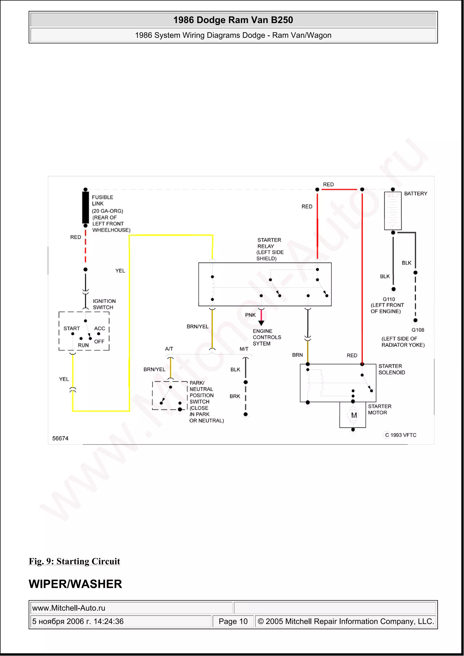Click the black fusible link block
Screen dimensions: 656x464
[85, 207]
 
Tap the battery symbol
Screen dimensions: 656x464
[393, 211]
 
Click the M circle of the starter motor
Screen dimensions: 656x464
[354, 415]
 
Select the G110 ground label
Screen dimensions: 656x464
[389, 299]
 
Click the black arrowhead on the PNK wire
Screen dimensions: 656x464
[261, 323]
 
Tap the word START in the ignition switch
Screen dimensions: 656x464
[71, 328]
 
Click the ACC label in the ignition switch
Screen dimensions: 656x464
[99, 328]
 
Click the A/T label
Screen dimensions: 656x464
[169, 348]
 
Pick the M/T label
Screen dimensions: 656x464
[244, 348]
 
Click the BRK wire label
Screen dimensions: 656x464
[235, 396]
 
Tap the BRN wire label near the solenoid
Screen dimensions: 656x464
[297, 355]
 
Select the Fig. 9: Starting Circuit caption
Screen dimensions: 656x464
[74, 561]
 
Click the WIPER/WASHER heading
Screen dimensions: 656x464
[75, 584]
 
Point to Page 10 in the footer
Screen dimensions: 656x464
[233, 621]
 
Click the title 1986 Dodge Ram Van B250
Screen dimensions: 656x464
[233, 20]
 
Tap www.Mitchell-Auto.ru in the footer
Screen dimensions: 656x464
[69, 608]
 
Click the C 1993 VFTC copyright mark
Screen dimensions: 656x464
[400, 435]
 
